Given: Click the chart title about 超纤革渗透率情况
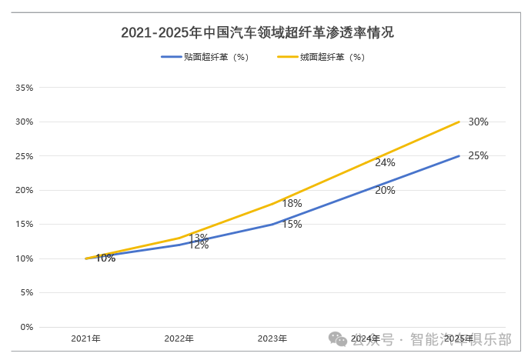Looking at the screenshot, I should tap(258, 32).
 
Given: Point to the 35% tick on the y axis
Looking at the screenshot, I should tap(24, 88).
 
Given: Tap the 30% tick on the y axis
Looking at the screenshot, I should tap(24, 122).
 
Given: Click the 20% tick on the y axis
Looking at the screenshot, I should tap(24, 190).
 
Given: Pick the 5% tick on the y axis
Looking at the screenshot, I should tap(25, 293).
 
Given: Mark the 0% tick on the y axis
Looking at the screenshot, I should tap(25, 327).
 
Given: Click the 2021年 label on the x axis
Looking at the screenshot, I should tap(85, 338).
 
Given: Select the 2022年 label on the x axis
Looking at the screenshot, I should tap(179, 338).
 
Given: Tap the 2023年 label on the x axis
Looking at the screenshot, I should tap(272, 338).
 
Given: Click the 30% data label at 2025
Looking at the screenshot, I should tap(478, 122).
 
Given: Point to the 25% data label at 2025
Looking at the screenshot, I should tap(478, 155).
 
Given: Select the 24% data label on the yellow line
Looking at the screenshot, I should tap(385, 162).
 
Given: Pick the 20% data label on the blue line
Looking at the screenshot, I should tap(385, 190).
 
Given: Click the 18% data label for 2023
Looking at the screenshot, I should tap(292, 204).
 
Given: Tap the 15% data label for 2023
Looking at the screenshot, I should tap(292, 224).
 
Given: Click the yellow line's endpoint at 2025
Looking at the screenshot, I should tap(459, 122).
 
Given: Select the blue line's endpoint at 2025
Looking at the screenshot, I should tap(459, 155).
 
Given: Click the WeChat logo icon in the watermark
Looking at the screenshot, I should tap(338, 338).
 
